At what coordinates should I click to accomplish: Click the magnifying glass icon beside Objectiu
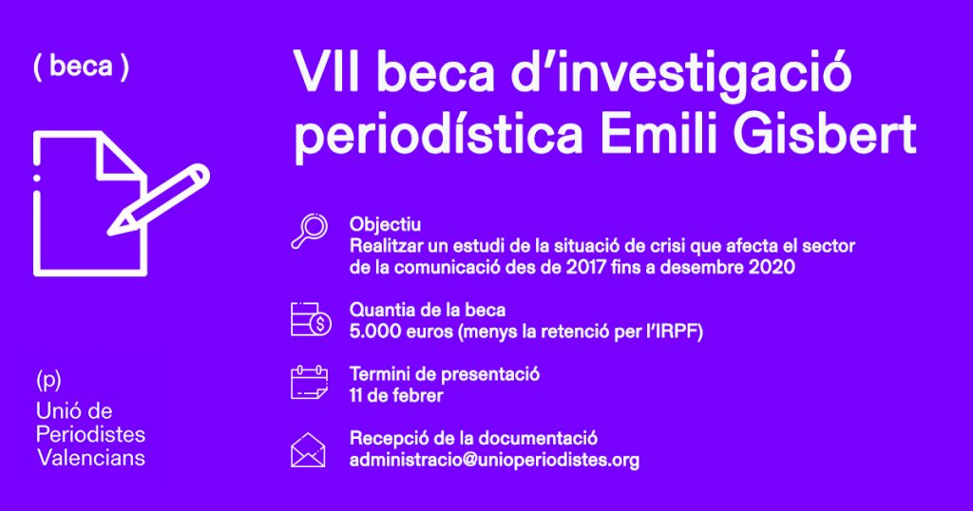pyautogui.click(x=309, y=231)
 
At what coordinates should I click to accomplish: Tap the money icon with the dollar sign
pyautogui.click(x=311, y=319)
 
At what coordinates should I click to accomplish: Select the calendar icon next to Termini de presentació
pyautogui.click(x=309, y=383)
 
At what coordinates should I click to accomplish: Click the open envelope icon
pyautogui.click(x=309, y=449)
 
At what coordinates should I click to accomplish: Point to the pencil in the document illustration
pyautogui.click(x=159, y=199)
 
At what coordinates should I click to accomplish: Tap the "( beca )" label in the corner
pyautogui.click(x=82, y=67)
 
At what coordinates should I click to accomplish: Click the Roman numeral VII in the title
pyautogui.click(x=327, y=72)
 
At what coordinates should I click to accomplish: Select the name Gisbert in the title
pyautogui.click(x=825, y=133)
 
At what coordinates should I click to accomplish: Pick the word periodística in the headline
pyautogui.click(x=438, y=137)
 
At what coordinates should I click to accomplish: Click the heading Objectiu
pyautogui.click(x=385, y=224)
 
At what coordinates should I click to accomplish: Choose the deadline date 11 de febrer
pyautogui.click(x=396, y=395)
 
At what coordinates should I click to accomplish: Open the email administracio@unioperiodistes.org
pyautogui.click(x=494, y=460)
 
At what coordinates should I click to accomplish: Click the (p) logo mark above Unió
pyautogui.click(x=48, y=380)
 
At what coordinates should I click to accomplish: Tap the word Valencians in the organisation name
pyautogui.click(x=91, y=458)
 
